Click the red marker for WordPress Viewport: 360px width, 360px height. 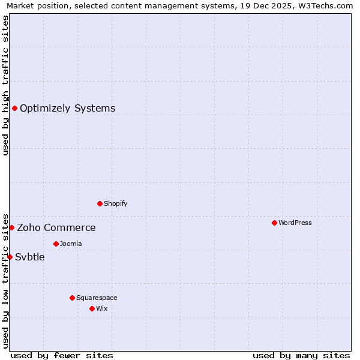[x=274, y=223]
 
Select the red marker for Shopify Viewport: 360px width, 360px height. [x=100, y=203]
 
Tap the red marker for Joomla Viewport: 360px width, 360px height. [x=56, y=244]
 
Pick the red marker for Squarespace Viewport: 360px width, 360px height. [x=72, y=298]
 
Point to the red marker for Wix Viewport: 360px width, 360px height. [x=92, y=308]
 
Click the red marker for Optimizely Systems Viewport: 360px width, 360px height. [x=14, y=108]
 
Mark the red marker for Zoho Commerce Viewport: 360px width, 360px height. [x=11, y=227]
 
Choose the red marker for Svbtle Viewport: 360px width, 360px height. [x=10, y=257]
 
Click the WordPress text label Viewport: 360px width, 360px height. [x=295, y=223]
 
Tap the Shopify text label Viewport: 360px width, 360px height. [x=116, y=203]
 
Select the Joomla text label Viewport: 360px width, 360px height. [x=71, y=244]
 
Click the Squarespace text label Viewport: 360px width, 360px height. [x=97, y=298]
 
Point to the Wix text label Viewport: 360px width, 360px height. [x=101, y=308]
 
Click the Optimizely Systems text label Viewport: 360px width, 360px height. [x=68, y=109]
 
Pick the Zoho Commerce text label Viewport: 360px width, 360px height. [x=56, y=228]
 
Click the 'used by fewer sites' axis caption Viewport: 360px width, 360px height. [x=62, y=355]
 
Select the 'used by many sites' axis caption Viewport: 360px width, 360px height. [x=301, y=355]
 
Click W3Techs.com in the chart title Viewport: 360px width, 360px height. [x=327, y=6]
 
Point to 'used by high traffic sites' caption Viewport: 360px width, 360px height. [x=6, y=85]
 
